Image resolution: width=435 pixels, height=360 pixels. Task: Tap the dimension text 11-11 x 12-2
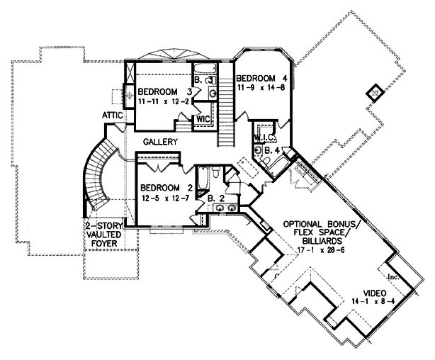point(164,102)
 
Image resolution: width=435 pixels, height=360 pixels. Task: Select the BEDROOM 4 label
point(262,78)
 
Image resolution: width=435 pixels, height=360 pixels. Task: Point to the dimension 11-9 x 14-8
point(262,89)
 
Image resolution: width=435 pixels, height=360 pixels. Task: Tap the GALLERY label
point(159,142)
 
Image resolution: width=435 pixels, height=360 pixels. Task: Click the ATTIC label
point(113,114)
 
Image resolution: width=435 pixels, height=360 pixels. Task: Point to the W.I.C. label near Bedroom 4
point(264,137)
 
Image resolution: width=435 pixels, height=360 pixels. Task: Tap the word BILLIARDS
point(316,239)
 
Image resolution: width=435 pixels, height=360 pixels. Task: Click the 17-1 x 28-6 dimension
point(316,249)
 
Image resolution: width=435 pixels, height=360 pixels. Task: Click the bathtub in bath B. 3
point(205,69)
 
